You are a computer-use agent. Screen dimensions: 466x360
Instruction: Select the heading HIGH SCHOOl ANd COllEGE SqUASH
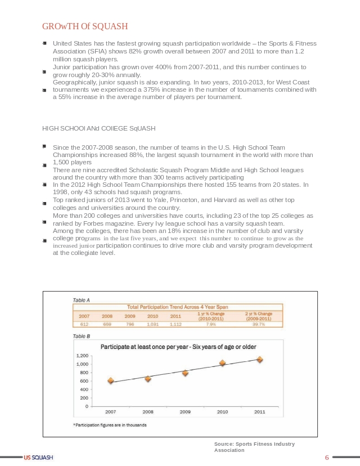[x=98, y=128]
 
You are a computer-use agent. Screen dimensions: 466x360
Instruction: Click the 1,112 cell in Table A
[x=175, y=324]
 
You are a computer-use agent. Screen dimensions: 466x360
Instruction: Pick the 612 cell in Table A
[x=84, y=324]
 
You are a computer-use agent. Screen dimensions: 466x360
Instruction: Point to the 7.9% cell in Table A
[x=211, y=324]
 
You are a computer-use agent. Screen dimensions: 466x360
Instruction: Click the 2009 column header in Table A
[x=130, y=316]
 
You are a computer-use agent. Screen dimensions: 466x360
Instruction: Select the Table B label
[x=82, y=336]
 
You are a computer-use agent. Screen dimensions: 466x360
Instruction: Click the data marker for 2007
[x=111, y=381]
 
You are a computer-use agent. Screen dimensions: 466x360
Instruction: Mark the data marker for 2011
[x=260, y=359]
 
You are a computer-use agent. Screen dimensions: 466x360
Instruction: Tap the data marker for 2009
[x=185, y=373]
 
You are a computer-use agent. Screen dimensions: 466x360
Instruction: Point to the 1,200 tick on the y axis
[x=82, y=356]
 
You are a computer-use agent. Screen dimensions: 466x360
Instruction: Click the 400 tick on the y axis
[x=84, y=389]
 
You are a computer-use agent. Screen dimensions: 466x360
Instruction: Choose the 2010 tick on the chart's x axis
[x=222, y=412]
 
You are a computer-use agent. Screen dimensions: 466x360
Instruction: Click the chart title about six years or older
[x=178, y=347]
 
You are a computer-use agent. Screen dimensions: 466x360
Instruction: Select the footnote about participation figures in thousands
[x=110, y=425]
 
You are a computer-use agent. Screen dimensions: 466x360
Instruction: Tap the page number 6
[x=327, y=457]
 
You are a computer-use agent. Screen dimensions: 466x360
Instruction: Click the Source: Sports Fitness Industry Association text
[x=254, y=447]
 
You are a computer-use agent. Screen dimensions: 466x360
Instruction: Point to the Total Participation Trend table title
[x=177, y=307]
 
